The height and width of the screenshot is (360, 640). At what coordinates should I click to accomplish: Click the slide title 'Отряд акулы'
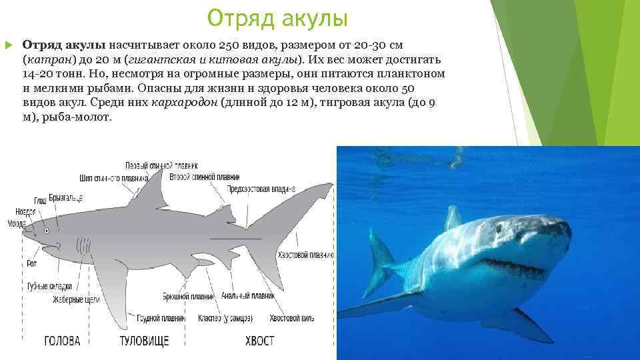pyautogui.click(x=277, y=18)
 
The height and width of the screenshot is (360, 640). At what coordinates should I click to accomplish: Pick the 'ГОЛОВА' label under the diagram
pyautogui.click(x=62, y=341)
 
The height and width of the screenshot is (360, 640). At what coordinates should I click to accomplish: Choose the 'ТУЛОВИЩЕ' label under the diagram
pyautogui.click(x=144, y=341)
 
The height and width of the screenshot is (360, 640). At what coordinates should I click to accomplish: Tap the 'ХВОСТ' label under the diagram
pyautogui.click(x=259, y=341)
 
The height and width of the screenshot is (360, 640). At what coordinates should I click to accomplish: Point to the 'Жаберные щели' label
pyautogui.click(x=76, y=299)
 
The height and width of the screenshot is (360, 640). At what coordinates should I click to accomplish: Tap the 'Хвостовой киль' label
pyautogui.click(x=291, y=318)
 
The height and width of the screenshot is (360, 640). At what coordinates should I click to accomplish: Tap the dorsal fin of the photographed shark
pyautogui.click(x=453, y=218)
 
